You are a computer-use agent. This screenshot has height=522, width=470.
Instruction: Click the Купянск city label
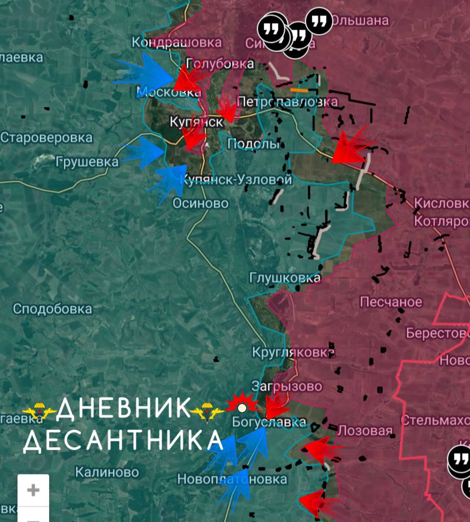[x=196, y=122]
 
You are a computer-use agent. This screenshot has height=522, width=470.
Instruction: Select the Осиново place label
[x=200, y=203]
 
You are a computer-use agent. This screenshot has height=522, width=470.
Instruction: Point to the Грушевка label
[x=87, y=162]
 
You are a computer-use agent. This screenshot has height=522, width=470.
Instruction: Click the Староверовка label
[x=46, y=137]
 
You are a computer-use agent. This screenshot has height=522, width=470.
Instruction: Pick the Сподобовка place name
[x=52, y=309]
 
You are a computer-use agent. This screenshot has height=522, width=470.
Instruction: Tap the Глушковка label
[x=285, y=278]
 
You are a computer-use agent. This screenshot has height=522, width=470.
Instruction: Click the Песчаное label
[x=391, y=302]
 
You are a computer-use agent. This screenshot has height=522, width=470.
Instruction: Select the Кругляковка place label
[x=293, y=352]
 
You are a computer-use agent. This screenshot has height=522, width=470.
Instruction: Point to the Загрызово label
[x=287, y=386]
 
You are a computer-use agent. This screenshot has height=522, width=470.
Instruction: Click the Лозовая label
[x=365, y=430]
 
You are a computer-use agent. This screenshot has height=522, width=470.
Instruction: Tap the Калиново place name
[x=107, y=472]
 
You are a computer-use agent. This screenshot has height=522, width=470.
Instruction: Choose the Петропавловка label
[x=287, y=102]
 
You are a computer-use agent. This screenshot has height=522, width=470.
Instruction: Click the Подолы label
[x=253, y=144]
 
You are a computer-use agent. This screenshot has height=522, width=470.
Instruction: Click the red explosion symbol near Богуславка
[x=242, y=405]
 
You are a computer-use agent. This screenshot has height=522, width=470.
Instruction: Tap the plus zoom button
[x=33, y=490]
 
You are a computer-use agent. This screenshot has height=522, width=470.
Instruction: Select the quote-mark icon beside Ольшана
[x=319, y=21]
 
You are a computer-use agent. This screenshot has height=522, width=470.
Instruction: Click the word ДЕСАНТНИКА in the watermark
[x=122, y=440]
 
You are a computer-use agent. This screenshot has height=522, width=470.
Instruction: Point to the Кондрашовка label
[x=177, y=42]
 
